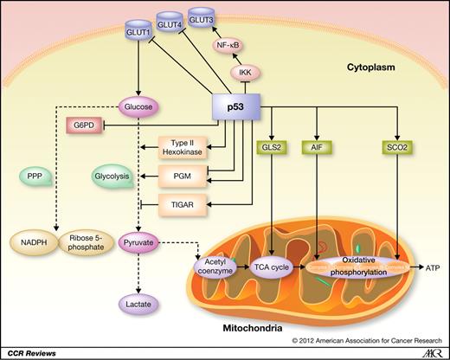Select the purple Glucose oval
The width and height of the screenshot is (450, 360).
click(x=140, y=108)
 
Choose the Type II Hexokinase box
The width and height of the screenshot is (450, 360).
click(x=183, y=151)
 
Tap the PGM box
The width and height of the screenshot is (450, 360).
click(x=183, y=178)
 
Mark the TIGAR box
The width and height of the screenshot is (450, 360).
click(x=183, y=204)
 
